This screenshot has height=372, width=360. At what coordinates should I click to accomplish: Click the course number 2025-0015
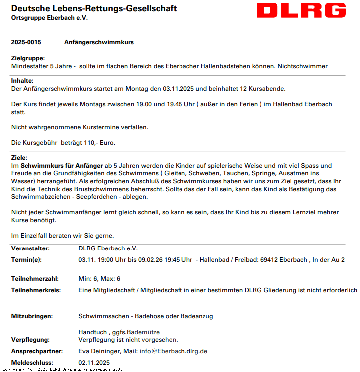pyautogui.click(x=26, y=43)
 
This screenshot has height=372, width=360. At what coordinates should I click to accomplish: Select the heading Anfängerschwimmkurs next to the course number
pyautogui.click(x=99, y=43)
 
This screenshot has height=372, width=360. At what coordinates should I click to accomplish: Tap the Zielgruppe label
pyautogui.click(x=28, y=59)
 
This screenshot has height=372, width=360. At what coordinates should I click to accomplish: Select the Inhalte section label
pyautogui.click(x=22, y=81)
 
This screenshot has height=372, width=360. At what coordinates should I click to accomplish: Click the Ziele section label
pyautogui.click(x=19, y=158)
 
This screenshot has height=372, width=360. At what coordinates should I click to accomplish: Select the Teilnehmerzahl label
pyautogui.click(x=35, y=279)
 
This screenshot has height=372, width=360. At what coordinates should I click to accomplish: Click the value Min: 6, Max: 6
pyautogui.click(x=99, y=279)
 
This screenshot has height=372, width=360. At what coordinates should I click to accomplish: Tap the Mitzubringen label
pyautogui.click(x=32, y=316)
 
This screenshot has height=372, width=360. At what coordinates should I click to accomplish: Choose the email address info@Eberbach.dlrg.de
pyautogui.click(x=173, y=351)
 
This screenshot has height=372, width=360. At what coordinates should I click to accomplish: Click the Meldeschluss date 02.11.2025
pyautogui.click(x=94, y=363)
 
